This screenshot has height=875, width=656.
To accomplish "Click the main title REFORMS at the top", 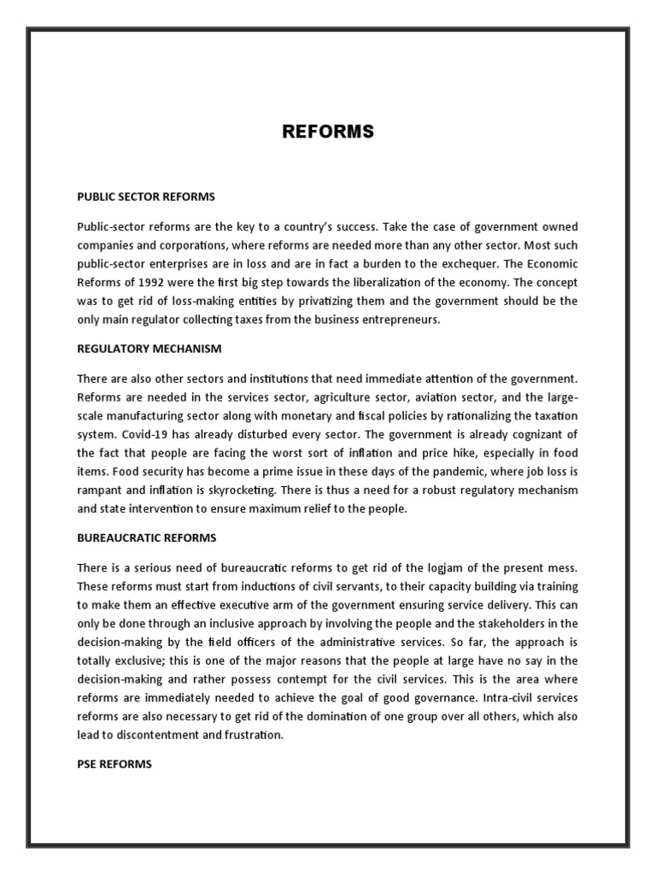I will tap(328, 132).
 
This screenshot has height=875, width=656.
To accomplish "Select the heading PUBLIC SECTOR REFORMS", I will tap(146, 197).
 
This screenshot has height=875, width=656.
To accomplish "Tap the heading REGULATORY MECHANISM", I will tap(149, 349).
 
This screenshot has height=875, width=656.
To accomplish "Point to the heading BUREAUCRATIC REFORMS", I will tap(147, 537).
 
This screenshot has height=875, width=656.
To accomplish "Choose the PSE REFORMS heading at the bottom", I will tap(114, 764).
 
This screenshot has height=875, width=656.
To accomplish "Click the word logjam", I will tap(429, 568).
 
